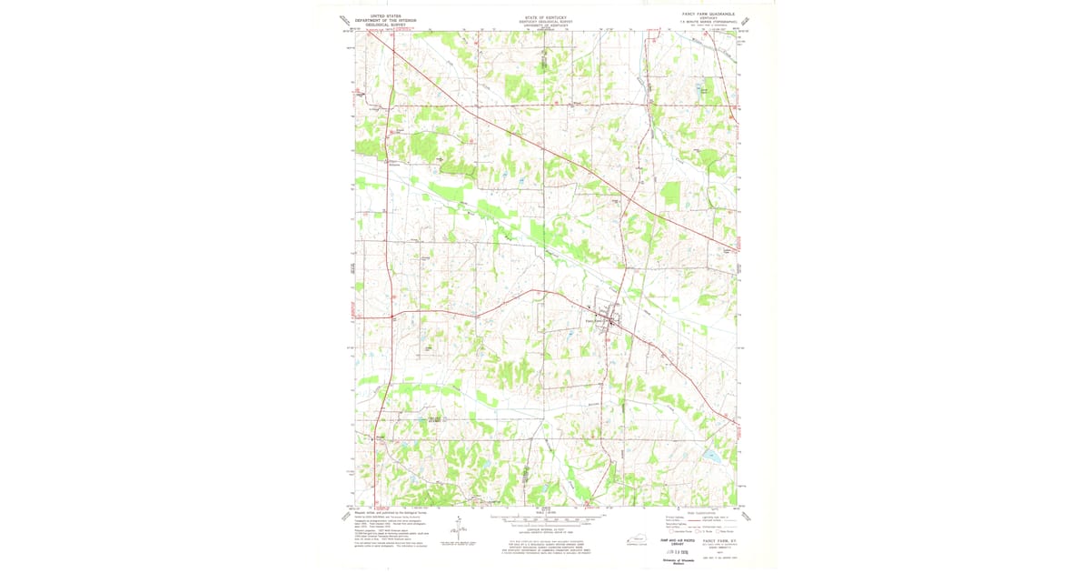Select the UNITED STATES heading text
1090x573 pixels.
(x=379, y=15)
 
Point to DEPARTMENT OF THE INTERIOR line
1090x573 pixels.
(x=379, y=20)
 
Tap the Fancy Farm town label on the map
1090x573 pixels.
(x=595, y=320)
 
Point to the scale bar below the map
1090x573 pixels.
(x=545, y=523)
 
